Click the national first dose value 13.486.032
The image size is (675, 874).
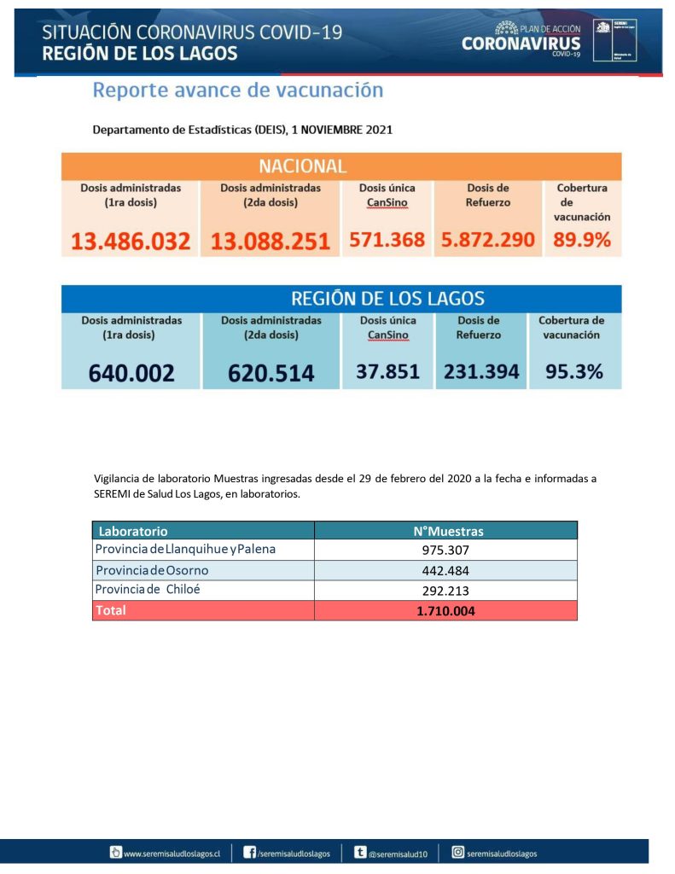tap(131, 241)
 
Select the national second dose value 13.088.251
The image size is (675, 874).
tap(271, 241)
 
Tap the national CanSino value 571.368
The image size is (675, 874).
tap(387, 240)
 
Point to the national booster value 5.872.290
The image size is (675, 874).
tap(488, 240)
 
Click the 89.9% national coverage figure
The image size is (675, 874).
tap(582, 240)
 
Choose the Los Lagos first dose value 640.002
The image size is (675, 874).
tap(131, 373)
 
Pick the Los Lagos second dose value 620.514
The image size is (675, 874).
tap(271, 373)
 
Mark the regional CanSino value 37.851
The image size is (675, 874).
tap(387, 371)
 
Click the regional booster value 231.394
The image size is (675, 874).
tap(481, 371)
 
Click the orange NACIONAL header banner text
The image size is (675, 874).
tap(302, 166)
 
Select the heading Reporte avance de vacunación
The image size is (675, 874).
tap(237, 90)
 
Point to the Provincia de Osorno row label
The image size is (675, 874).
tap(152, 570)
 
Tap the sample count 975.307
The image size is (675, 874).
tap(446, 551)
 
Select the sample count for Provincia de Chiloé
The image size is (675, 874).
tap(446, 591)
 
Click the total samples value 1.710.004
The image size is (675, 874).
tap(446, 611)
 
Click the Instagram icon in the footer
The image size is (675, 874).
tap(457, 852)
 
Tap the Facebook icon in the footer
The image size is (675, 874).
tap(250, 852)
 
